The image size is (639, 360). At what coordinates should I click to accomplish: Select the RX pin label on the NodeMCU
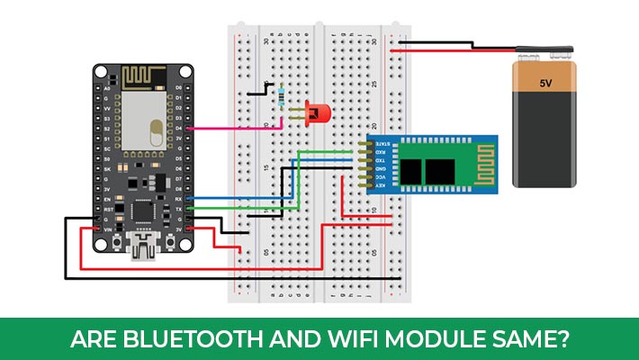179,198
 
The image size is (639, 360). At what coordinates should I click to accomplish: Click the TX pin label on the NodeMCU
179,208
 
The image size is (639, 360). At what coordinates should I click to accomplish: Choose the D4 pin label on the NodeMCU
179,129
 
